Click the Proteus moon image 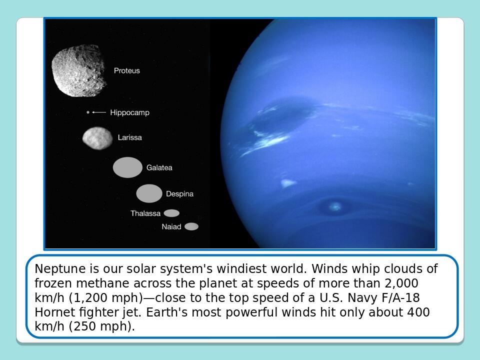coord(79,70)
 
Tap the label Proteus coord(126,70)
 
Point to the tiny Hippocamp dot coord(88,112)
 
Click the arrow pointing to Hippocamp coord(99,112)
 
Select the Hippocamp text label coord(130,112)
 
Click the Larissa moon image coord(97,138)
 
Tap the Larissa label coord(130,137)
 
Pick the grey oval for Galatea coord(127,167)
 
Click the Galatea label coord(159,168)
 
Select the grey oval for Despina coord(149,193)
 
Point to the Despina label coord(179,194)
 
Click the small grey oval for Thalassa coord(171,213)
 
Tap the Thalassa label coord(145,213)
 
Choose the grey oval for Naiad coord(191,226)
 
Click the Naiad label coord(171,227)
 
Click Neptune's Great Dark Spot coord(281,116)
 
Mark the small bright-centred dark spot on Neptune coord(334,206)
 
